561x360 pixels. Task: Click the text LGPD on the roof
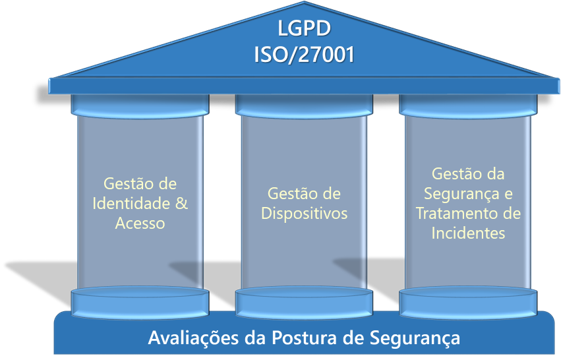(304, 28)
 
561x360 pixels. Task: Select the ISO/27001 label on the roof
(304, 55)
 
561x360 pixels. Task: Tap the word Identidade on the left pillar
(131, 203)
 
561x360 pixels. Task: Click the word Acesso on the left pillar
(140, 223)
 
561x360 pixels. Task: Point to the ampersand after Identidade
(182, 203)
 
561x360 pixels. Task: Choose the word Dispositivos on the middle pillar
(304, 214)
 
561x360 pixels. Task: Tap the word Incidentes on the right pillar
(468, 233)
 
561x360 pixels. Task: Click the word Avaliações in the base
(194, 338)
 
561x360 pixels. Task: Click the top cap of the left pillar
(140, 106)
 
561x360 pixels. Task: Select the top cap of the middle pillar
(304, 106)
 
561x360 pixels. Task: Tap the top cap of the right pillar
(468, 106)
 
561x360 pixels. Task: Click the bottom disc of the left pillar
(140, 302)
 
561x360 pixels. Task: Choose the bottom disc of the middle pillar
(304, 302)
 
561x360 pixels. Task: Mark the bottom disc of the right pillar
(468, 302)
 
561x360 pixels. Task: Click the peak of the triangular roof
(304, 2)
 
